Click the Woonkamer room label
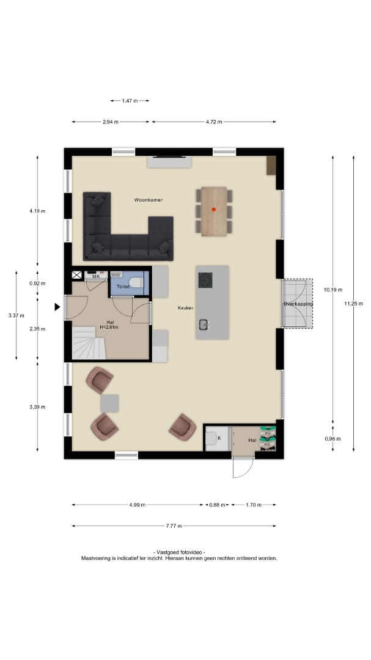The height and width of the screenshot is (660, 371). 149,200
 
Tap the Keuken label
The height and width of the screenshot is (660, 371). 185,308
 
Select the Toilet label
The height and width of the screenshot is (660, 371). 123,287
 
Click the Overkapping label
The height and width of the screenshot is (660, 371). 298,304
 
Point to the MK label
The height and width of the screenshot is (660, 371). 96,277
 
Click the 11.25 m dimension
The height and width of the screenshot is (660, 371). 353,304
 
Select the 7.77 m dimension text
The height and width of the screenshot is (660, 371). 174,526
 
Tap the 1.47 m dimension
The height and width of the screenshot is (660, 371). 130,101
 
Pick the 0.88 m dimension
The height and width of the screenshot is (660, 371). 218,505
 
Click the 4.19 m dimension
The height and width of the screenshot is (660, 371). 37,211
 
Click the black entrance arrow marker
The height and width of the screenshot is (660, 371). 57,307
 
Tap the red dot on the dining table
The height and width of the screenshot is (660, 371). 213,209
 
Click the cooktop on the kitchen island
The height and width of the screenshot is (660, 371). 205,280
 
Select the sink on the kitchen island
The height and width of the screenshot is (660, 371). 204,324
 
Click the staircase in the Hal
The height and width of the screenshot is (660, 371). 89,344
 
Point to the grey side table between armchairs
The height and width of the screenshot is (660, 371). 109,403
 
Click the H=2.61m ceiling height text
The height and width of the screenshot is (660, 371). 109,327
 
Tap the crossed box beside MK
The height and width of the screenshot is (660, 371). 76,275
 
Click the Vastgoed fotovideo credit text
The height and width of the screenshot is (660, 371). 180,552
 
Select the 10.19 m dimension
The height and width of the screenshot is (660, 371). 333,290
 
